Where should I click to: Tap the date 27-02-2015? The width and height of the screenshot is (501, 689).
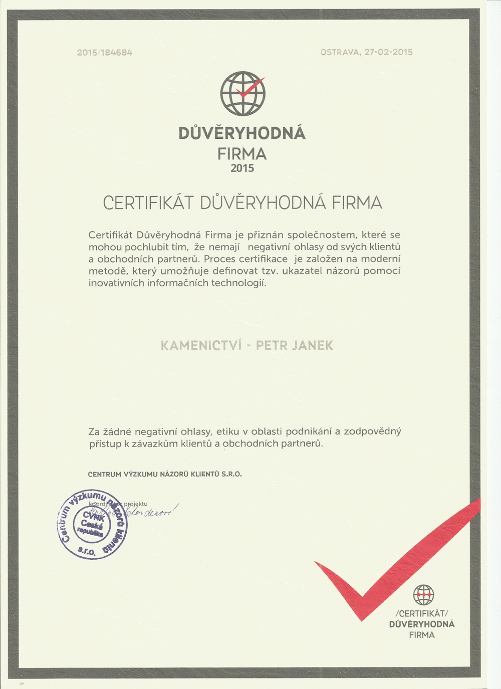[x=388, y=52]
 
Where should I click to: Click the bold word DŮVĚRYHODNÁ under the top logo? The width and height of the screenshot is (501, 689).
[x=242, y=133]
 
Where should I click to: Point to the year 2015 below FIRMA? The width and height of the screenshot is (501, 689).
[x=242, y=168]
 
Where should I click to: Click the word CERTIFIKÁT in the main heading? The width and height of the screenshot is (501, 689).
[x=148, y=203]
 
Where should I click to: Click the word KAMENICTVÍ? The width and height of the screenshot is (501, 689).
[x=201, y=346]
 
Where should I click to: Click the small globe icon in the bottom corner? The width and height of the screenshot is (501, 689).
[x=423, y=595]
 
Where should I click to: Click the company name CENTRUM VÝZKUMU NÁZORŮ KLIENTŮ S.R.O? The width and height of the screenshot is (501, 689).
[x=165, y=474]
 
